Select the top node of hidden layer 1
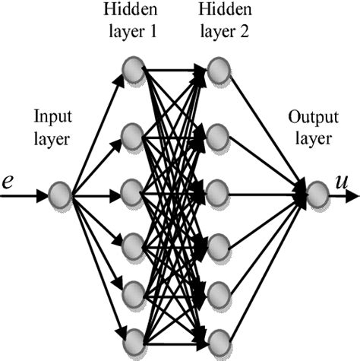click(134, 71)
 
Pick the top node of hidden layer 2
click(219, 71)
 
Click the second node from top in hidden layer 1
click(134, 138)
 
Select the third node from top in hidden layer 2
click(219, 188)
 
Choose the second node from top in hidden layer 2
click(219, 138)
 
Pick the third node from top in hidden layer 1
click(134, 188)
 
